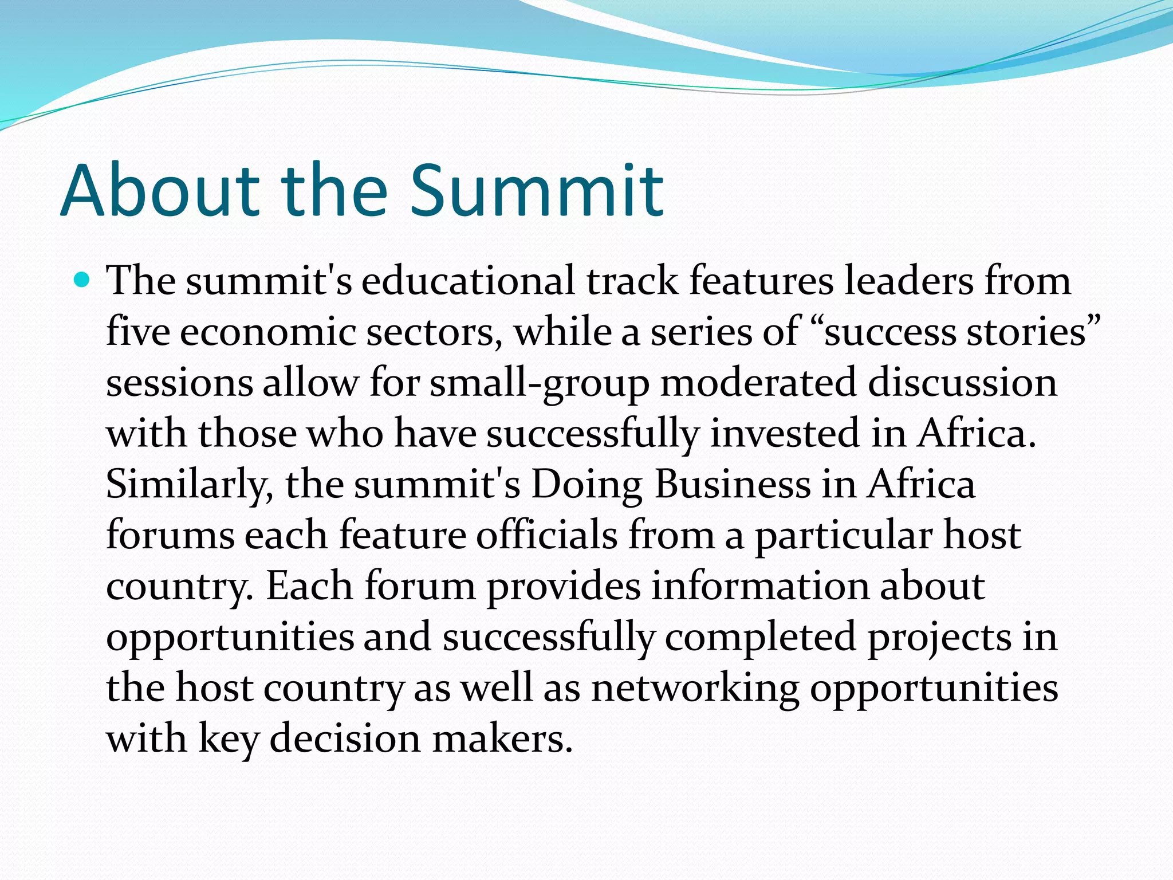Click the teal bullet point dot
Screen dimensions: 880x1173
coord(83,280)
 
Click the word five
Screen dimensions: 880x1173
coord(137,332)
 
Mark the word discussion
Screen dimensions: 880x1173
coord(962,383)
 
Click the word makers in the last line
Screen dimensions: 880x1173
coord(502,738)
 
